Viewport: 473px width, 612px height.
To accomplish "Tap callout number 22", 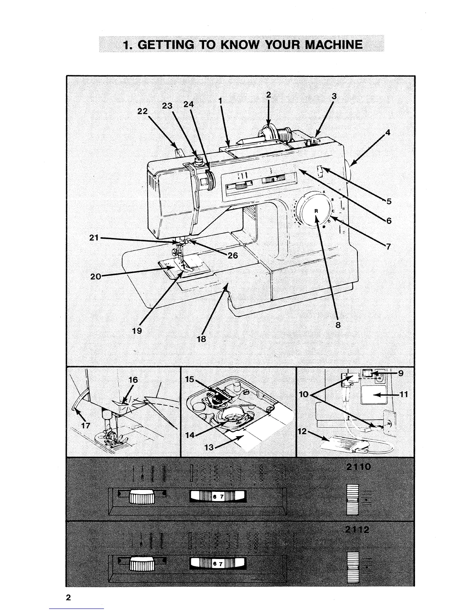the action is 143,111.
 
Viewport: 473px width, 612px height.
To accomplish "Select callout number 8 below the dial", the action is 338,325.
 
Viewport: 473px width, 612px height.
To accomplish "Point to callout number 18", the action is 201,339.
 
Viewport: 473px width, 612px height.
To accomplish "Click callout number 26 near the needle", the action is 232,255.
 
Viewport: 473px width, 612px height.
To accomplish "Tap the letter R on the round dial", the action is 316,211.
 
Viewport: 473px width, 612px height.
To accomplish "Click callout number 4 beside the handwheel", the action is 388,133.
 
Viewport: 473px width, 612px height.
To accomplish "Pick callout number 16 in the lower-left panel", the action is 133,380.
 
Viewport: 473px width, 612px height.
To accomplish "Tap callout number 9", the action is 401,373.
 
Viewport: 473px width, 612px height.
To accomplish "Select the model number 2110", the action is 359,467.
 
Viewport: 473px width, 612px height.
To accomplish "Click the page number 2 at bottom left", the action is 68,597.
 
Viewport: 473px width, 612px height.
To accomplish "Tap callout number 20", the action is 95,276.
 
